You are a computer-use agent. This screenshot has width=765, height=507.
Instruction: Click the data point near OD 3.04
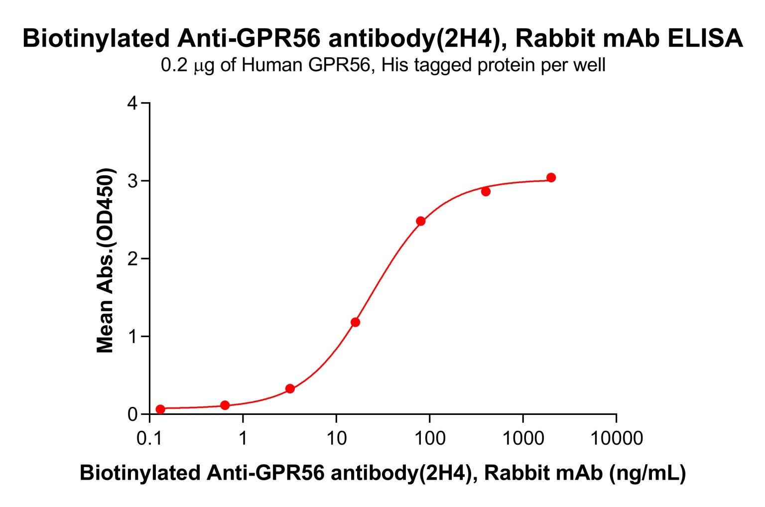[551, 178]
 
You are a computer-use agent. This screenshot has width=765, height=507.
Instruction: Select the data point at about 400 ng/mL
[486, 192]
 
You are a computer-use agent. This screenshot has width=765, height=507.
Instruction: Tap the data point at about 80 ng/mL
[421, 221]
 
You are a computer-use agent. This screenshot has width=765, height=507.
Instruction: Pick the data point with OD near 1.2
[355, 322]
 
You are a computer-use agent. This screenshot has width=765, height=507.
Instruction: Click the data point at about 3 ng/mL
[290, 388]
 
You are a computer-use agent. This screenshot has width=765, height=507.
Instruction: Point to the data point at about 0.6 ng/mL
[225, 405]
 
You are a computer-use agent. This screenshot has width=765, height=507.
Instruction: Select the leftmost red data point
[160, 409]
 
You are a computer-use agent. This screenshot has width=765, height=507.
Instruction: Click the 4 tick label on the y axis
[132, 103]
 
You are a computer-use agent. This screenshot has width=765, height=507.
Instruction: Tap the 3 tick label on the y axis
[132, 181]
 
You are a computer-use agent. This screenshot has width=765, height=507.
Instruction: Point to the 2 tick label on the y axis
[132, 258]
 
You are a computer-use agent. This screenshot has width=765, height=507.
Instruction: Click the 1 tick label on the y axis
[132, 336]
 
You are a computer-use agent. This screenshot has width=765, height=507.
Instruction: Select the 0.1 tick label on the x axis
[149, 438]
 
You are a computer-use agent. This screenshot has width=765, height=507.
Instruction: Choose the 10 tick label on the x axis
[336, 438]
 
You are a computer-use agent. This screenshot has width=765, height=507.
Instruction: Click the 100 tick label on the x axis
[429, 438]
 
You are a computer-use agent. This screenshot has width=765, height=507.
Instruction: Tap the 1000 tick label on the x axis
[522, 438]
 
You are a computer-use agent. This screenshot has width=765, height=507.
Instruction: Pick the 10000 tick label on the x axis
[616, 438]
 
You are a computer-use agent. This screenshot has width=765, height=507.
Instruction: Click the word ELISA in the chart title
[705, 38]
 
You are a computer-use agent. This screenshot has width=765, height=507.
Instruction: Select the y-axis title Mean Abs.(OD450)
[105, 260]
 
